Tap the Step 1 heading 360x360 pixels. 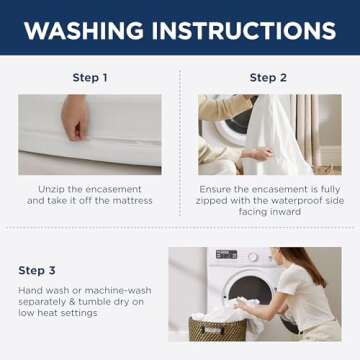click(x=89, y=78)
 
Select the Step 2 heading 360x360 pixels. click(x=268, y=78)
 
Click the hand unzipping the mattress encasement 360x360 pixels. click(x=75, y=117)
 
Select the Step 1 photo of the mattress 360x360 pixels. click(x=89, y=135)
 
